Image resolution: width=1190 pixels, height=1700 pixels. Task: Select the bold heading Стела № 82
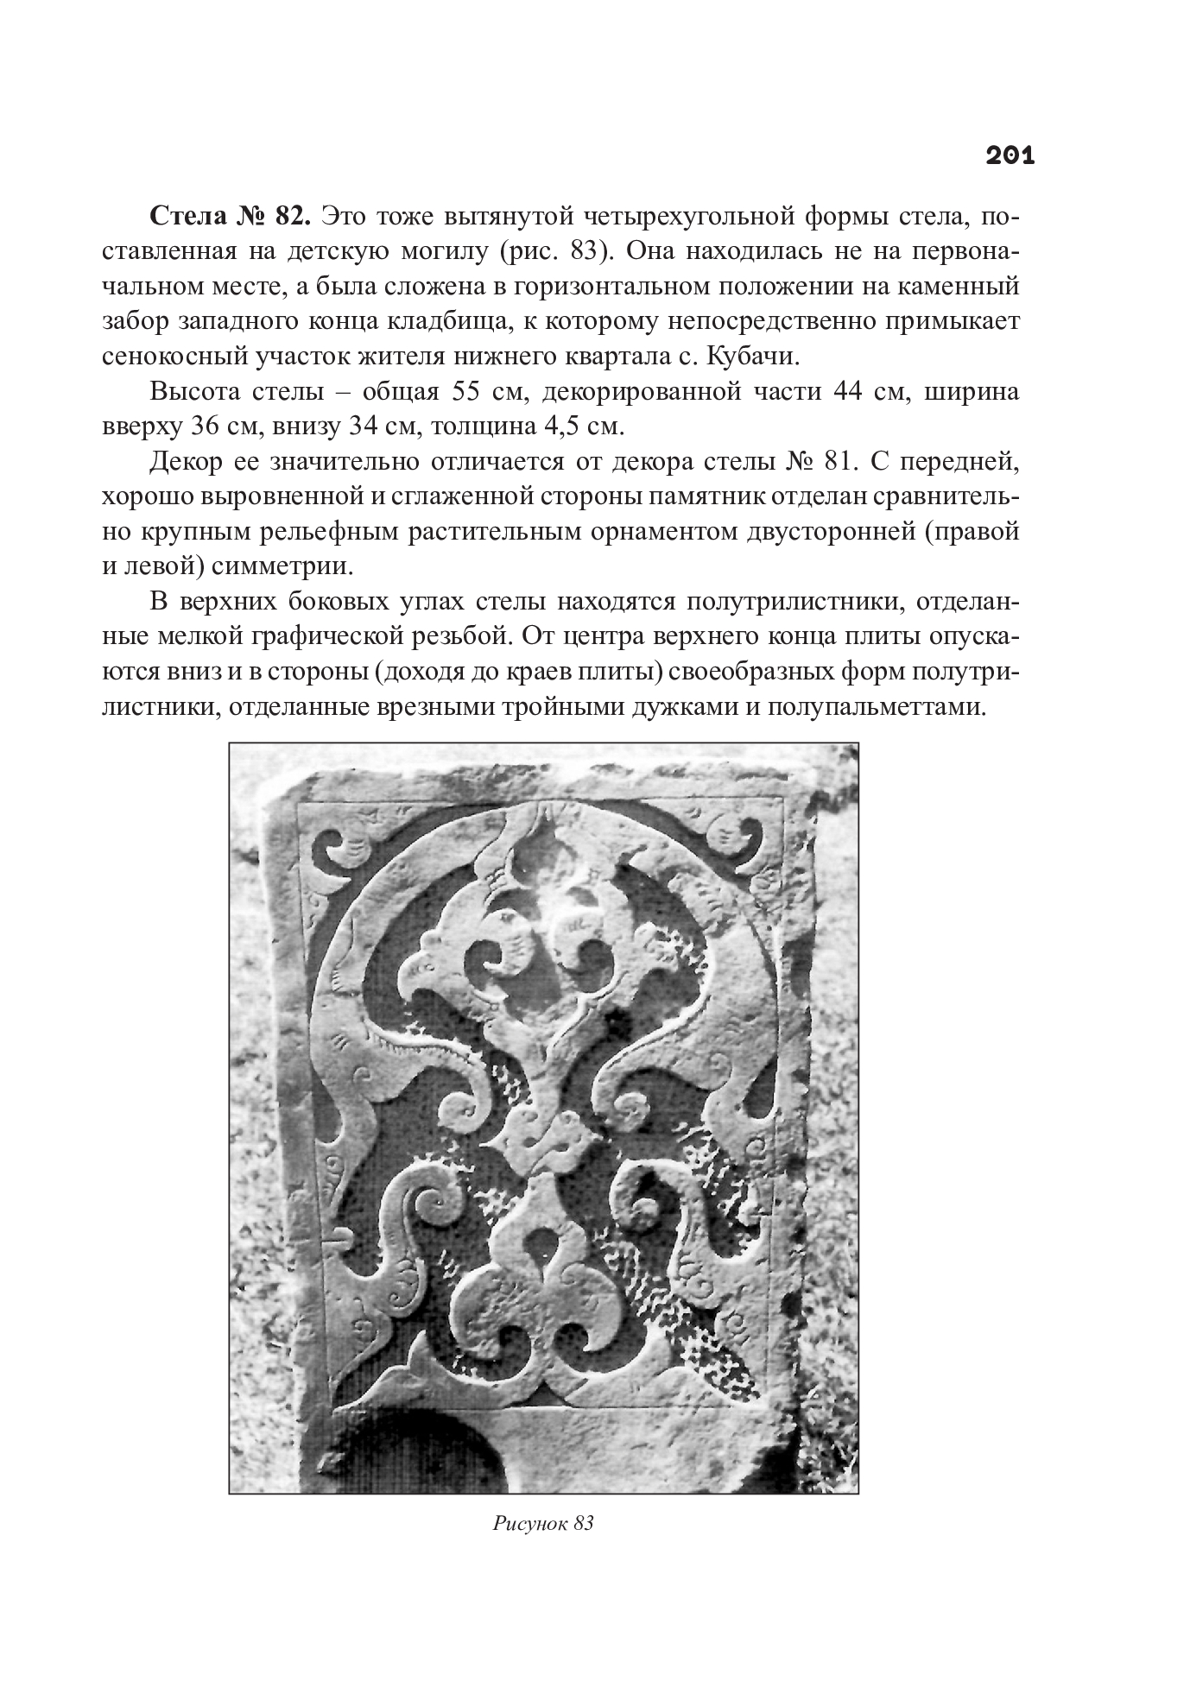point(230,216)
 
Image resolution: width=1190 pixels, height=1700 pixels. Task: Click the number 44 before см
point(851,391)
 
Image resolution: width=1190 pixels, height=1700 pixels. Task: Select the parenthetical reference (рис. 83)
point(553,251)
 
